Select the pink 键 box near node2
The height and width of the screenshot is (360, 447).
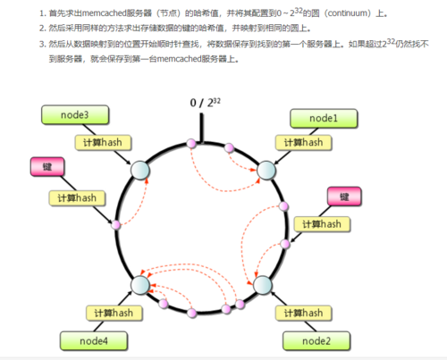(344, 196)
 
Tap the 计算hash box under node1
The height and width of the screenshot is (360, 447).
(302, 141)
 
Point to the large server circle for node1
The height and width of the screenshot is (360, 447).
(266, 169)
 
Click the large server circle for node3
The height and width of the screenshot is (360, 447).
(139, 169)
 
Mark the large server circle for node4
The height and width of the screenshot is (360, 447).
(140, 286)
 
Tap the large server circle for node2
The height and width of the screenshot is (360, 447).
(263, 286)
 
